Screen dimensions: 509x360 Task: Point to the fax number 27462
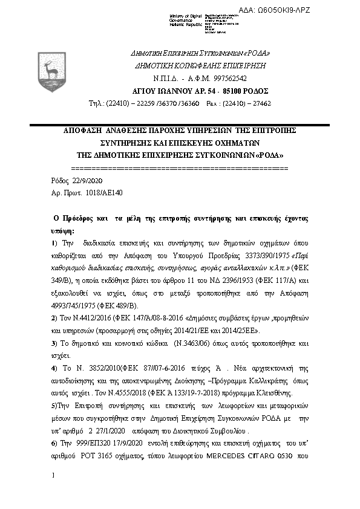261,103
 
